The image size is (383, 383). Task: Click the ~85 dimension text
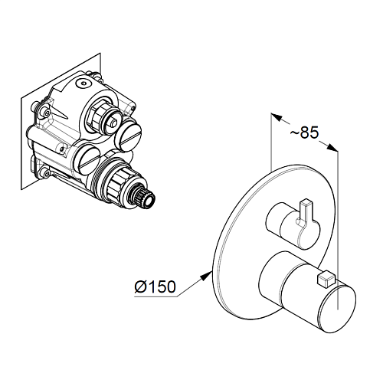304,133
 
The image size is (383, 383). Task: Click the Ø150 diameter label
155,286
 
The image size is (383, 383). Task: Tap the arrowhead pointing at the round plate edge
206,276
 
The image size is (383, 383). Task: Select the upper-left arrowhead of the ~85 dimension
277,117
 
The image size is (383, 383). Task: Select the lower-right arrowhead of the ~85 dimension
332,148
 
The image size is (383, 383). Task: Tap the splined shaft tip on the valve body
144,197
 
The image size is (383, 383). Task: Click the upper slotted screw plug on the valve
128,136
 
